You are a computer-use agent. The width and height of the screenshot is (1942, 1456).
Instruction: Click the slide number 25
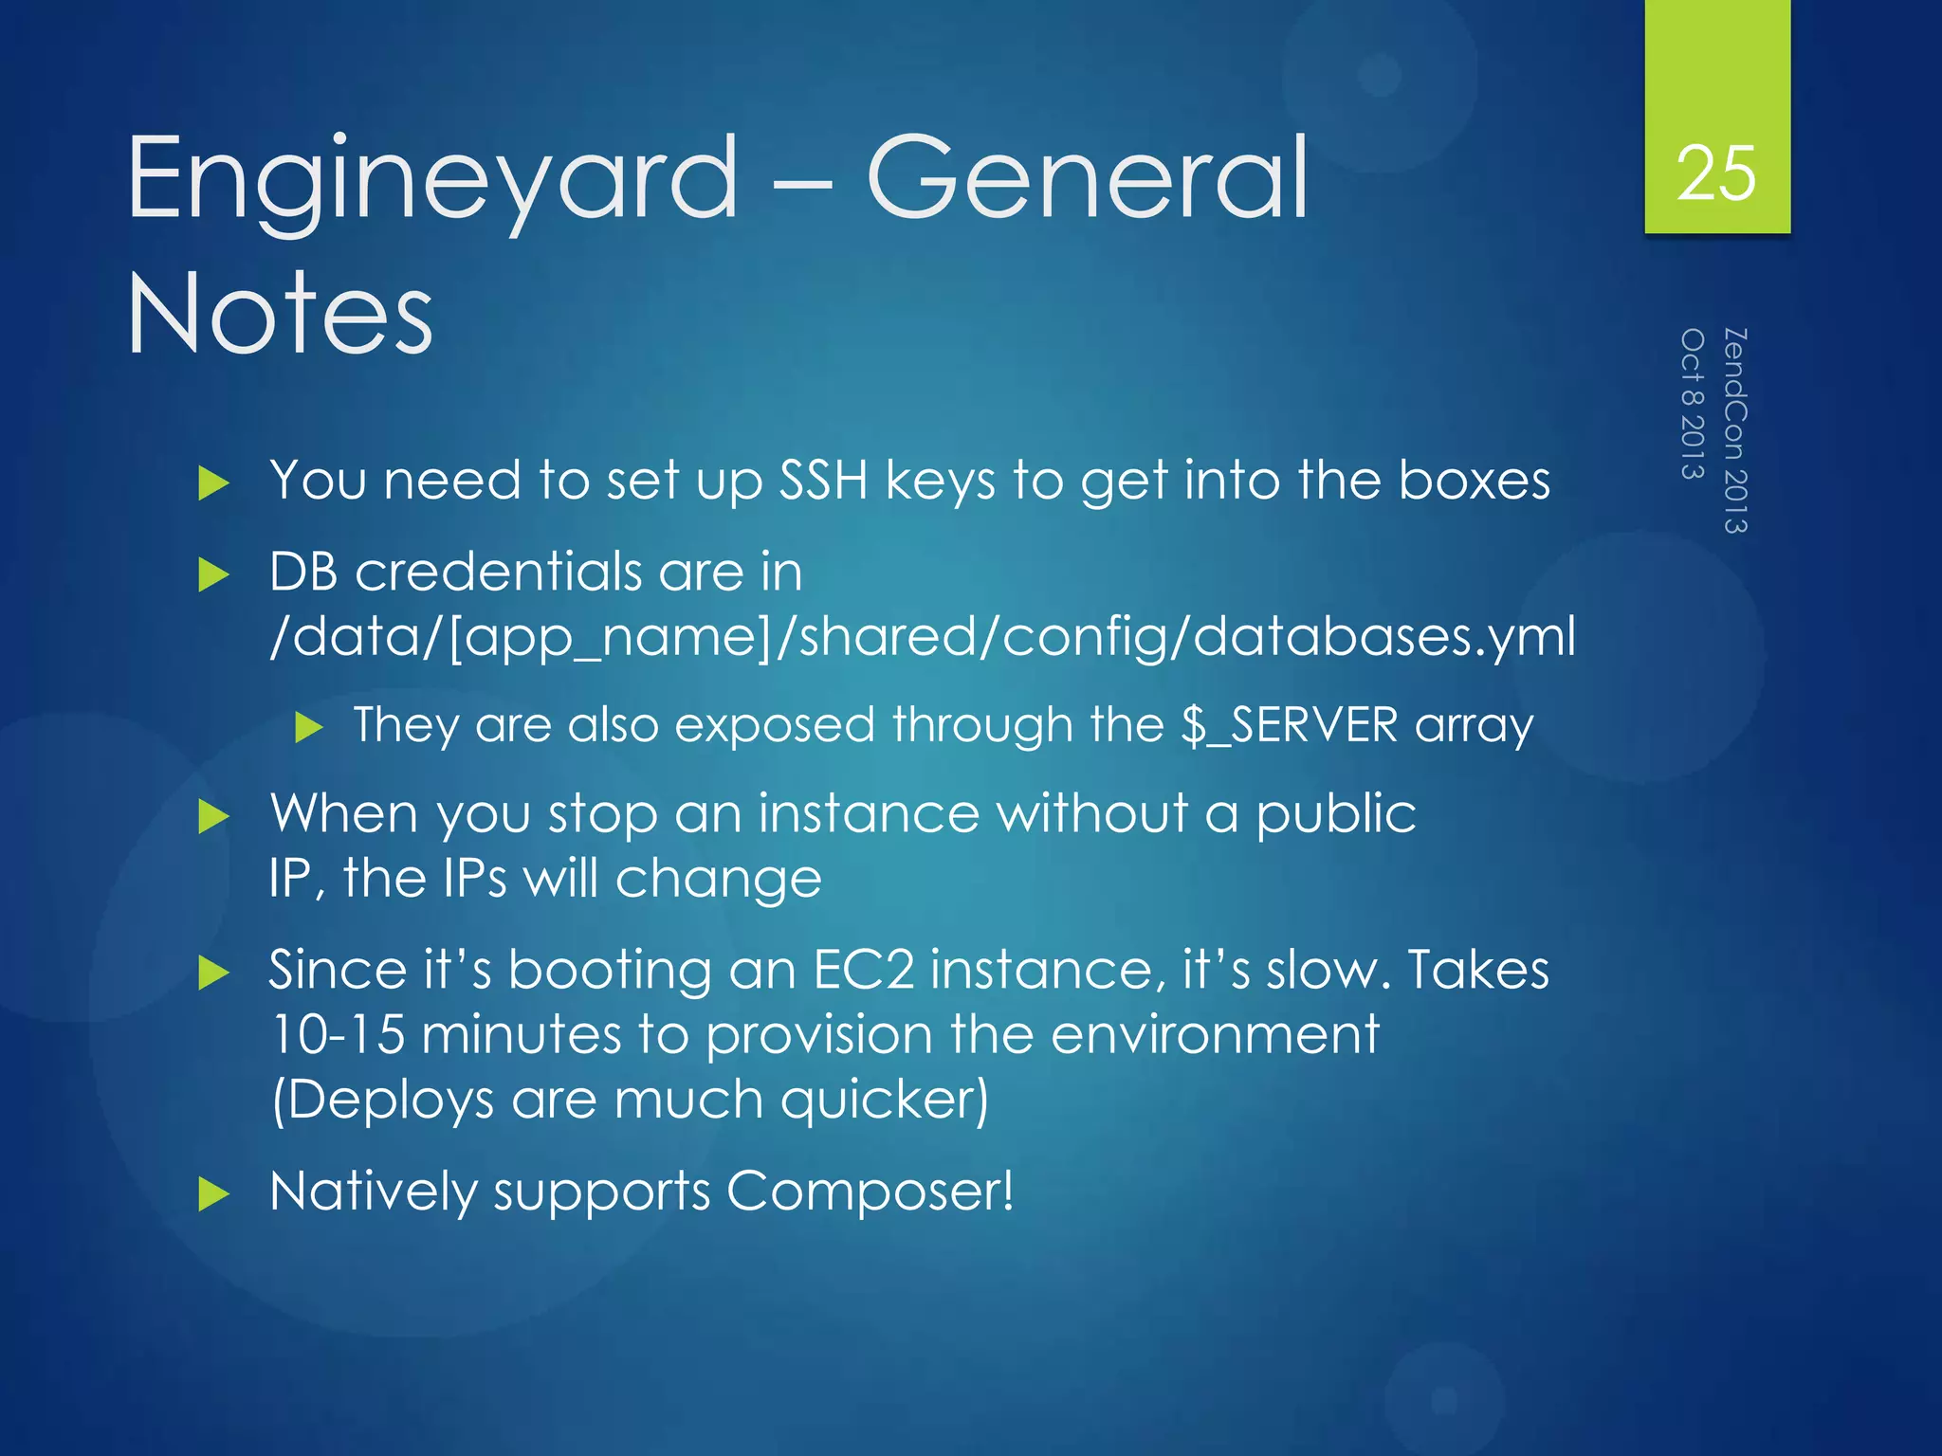coord(1716,173)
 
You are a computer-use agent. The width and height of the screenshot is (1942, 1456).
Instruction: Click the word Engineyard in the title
coord(432,180)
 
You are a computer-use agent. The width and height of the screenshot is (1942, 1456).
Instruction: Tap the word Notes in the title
coord(280,314)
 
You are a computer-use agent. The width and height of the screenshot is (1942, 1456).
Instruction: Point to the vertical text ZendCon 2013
coord(1735,430)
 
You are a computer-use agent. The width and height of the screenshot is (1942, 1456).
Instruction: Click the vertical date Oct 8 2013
coord(1693,404)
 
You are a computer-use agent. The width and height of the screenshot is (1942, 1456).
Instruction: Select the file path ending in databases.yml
coord(922,637)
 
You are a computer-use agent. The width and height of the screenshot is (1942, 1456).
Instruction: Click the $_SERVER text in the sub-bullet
coord(1290,725)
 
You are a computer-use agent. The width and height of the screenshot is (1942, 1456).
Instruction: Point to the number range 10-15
coord(338,1034)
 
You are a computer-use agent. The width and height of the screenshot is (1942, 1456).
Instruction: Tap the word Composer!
coord(870,1191)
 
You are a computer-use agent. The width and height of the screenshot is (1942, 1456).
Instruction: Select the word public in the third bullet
coord(1335,814)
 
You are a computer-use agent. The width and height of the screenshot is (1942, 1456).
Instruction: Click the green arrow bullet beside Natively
coord(214,1194)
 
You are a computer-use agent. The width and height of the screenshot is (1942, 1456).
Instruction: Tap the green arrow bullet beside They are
coord(309,728)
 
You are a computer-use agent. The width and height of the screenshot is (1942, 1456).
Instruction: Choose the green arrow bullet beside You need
coord(214,484)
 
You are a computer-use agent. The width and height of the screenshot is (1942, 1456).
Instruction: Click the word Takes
coord(1477,970)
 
